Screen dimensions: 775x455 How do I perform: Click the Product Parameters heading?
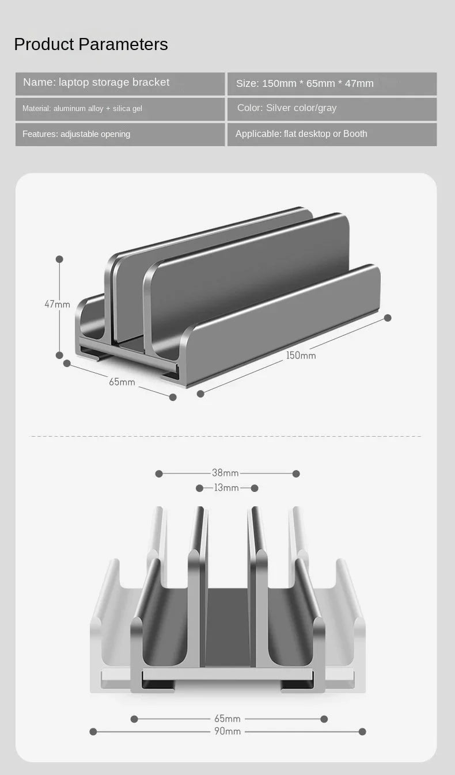(91, 44)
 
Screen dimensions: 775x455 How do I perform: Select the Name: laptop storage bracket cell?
(120, 83)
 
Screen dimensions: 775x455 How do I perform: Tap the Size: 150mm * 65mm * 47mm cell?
(332, 83)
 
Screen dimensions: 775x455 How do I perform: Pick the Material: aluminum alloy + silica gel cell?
(120, 109)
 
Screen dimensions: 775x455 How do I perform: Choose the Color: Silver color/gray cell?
(332, 109)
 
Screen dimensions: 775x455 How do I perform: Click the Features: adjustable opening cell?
(120, 134)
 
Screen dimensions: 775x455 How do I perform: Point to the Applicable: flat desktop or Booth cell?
(332, 134)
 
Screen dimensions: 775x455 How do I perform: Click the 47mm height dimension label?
(57, 304)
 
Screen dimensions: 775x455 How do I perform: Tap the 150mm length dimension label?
(301, 356)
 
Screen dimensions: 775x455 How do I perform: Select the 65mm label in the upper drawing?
(122, 382)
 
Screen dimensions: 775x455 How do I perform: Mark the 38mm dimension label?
(225, 473)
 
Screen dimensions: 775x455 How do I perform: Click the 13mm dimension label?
(226, 488)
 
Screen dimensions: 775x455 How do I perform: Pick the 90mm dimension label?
(227, 731)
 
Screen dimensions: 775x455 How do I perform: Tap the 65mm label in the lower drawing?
(227, 719)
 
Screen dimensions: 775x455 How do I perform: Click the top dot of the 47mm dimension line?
(59, 259)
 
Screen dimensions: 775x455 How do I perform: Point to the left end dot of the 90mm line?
(93, 731)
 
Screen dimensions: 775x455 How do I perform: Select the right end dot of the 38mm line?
(296, 474)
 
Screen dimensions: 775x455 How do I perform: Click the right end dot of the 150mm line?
(388, 318)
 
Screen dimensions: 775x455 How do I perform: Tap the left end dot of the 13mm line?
(199, 488)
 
